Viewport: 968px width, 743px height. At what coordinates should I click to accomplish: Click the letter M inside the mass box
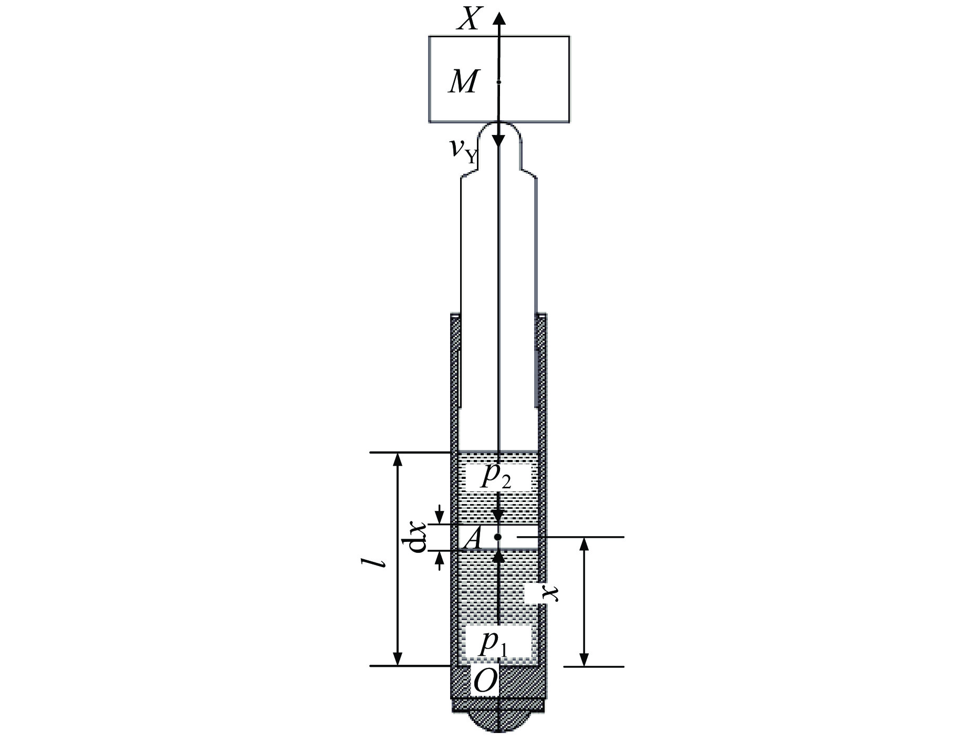(x=463, y=82)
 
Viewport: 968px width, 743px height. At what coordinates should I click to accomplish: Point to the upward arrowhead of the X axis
(x=499, y=18)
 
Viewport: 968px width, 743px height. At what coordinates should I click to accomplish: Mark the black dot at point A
(x=498, y=537)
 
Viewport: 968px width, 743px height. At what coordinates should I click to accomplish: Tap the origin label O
(x=484, y=682)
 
